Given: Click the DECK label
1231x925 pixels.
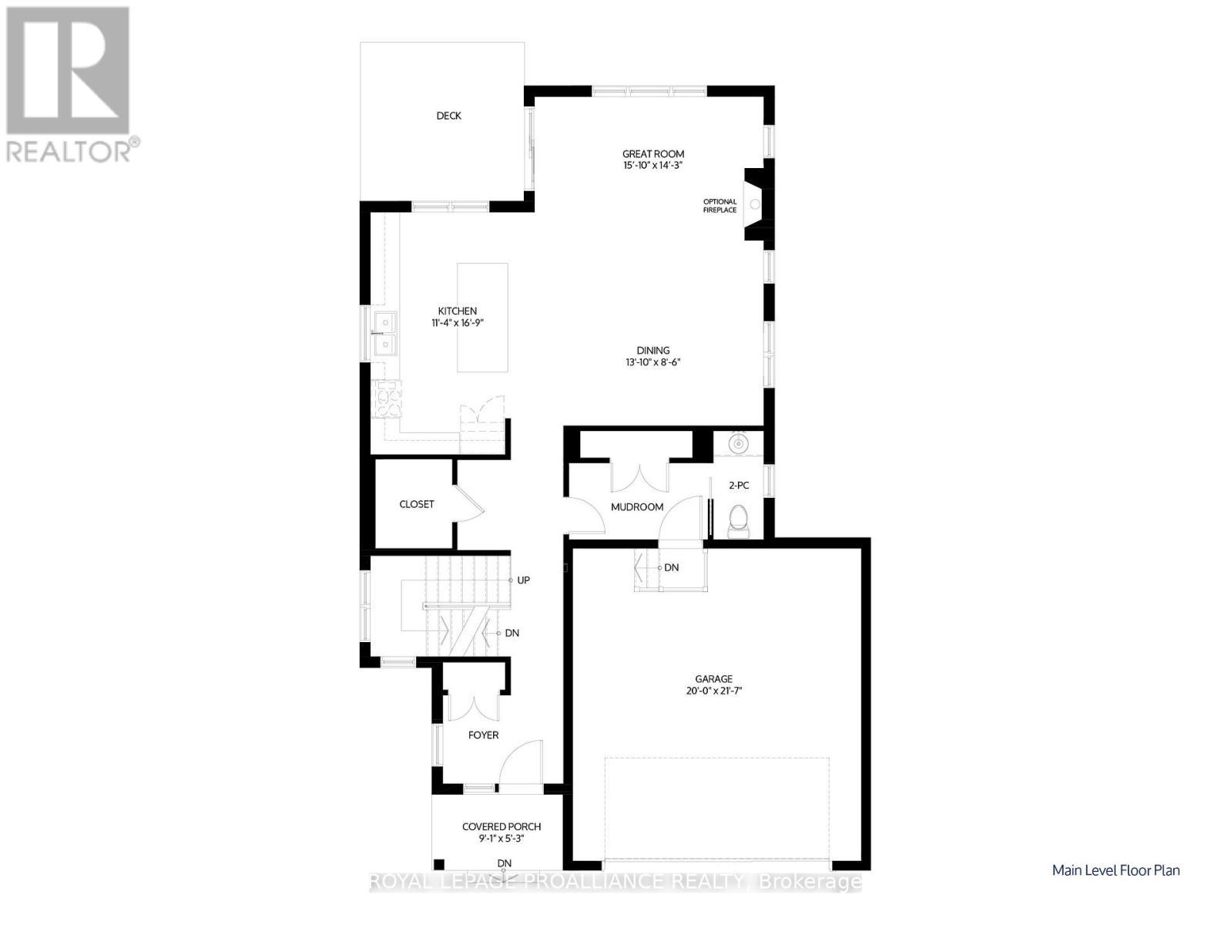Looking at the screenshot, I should pyautogui.click(x=448, y=116).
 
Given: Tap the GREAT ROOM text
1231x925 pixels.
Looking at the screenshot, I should pyautogui.click(x=653, y=154).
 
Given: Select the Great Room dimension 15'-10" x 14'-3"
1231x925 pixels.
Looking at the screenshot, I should pyautogui.click(x=653, y=165).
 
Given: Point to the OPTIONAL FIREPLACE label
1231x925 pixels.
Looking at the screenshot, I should pyautogui.click(x=719, y=206).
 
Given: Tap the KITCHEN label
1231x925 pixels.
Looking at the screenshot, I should pyautogui.click(x=457, y=311).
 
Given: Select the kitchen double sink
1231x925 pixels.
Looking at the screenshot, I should pyautogui.click(x=384, y=333).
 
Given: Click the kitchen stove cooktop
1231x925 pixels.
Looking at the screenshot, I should pyautogui.click(x=387, y=399).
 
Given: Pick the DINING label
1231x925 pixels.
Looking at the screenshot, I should pyautogui.click(x=652, y=350).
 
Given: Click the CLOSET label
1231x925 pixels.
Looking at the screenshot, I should pyautogui.click(x=416, y=504).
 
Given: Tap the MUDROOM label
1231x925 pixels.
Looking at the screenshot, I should pyautogui.click(x=636, y=507).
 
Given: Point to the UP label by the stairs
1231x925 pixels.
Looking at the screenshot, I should pyautogui.click(x=523, y=580).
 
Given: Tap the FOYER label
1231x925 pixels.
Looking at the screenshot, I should pyautogui.click(x=483, y=735).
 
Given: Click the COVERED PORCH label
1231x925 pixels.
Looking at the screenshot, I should pyautogui.click(x=501, y=826).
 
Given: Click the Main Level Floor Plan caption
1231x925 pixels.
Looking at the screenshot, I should pyautogui.click(x=1115, y=870).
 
